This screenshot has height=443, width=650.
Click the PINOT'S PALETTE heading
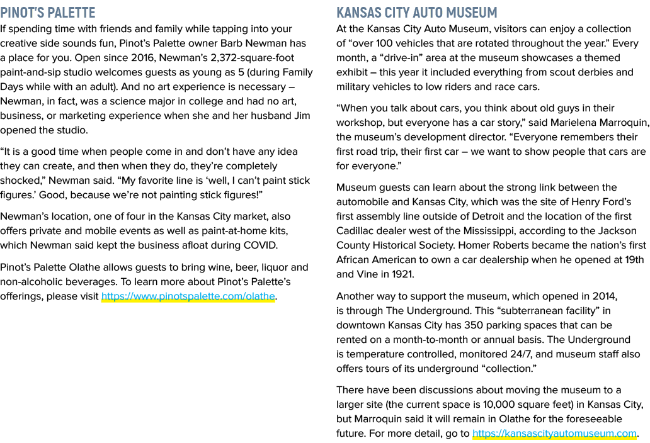pyautogui.click(x=48, y=13)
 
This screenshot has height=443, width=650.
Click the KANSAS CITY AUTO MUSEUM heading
pyautogui.click(x=416, y=13)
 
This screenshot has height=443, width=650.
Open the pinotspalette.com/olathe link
pyautogui.click(x=188, y=296)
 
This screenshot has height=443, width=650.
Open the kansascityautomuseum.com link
pyautogui.click(x=554, y=434)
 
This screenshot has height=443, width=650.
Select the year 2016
pyautogui.click(x=142, y=58)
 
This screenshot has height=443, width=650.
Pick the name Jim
pyautogui.click(x=302, y=116)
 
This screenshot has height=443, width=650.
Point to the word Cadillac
pyautogui.click(x=355, y=230)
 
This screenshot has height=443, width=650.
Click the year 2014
pyautogui.click(x=605, y=296)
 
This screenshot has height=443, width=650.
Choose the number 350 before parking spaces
pyautogui.click(x=474, y=325)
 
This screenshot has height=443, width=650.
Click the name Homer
pyautogui.click(x=472, y=245)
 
